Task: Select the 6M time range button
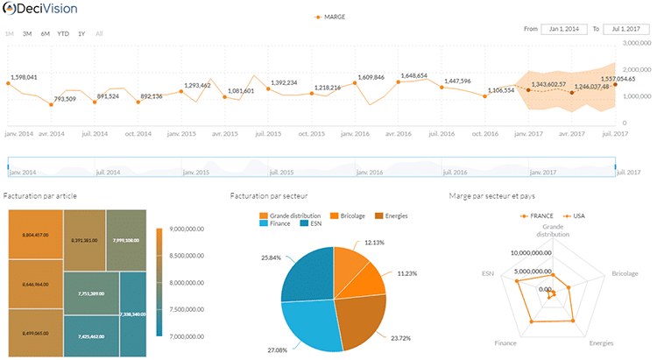[45, 33]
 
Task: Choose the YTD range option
[63, 33]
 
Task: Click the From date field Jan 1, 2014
[563, 29]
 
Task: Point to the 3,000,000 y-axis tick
[637, 42]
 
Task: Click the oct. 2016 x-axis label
[484, 134]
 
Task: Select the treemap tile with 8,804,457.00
[35, 235]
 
